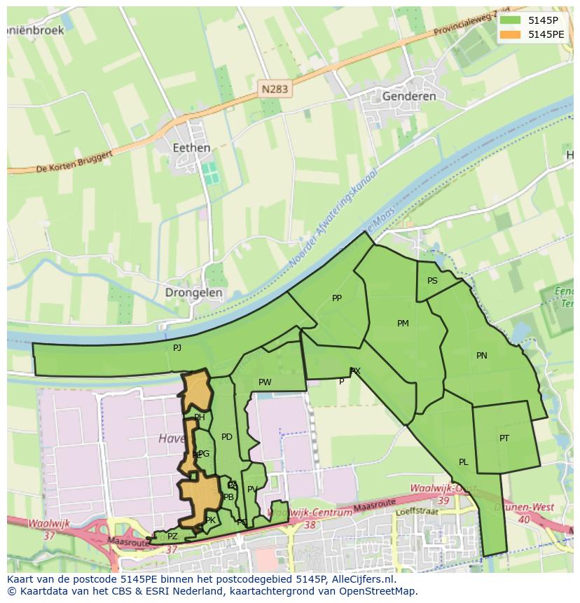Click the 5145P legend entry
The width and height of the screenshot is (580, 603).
(533, 20)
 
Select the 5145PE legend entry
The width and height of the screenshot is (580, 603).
(533, 34)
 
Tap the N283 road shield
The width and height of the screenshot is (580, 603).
(275, 89)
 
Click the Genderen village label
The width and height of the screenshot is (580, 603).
(409, 96)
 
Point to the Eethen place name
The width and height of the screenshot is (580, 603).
(191, 148)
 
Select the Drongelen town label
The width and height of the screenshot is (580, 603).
(194, 293)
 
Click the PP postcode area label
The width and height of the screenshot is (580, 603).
(337, 298)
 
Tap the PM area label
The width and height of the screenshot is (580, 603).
(403, 323)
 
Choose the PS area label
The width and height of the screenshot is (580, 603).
(432, 281)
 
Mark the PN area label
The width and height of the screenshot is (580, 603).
(481, 356)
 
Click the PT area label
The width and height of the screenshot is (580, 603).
(504, 438)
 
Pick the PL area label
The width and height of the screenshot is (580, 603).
(463, 462)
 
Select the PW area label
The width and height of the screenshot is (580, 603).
(265, 382)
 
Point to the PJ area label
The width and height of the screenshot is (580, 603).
(177, 347)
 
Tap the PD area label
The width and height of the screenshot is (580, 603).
(226, 437)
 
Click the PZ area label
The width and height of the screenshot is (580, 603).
(172, 536)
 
